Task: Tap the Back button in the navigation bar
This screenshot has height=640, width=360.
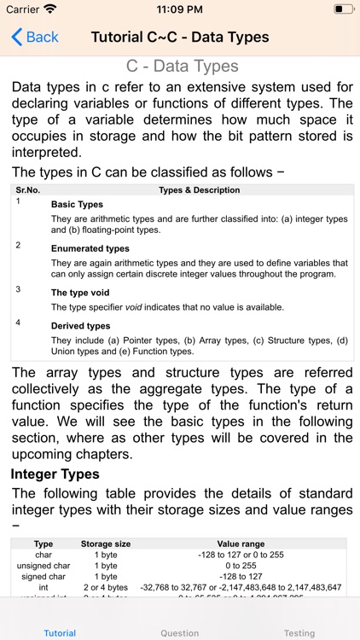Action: tap(35, 37)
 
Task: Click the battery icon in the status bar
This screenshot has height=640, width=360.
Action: tap(343, 9)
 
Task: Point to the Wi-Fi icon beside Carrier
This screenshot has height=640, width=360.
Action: tap(50, 9)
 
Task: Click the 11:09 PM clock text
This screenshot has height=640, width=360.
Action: tap(180, 9)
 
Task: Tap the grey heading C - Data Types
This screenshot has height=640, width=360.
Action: tap(183, 67)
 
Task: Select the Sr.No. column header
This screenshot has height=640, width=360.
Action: tap(28, 190)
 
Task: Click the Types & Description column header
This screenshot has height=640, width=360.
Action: tap(200, 190)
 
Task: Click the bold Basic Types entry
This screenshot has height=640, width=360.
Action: tap(77, 205)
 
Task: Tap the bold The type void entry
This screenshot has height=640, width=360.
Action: tap(80, 293)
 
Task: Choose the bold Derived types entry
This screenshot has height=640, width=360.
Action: tap(80, 326)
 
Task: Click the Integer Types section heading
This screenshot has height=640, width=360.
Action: tap(55, 474)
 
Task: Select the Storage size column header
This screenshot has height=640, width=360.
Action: tap(106, 544)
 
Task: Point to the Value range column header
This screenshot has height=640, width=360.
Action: tap(241, 544)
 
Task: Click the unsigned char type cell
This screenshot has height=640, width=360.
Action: tap(44, 566)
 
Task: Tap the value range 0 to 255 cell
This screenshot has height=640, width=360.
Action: tap(241, 566)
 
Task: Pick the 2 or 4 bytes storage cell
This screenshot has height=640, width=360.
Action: tap(106, 587)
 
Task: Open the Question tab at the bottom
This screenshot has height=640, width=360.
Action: tap(180, 633)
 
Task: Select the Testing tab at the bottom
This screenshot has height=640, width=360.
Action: tap(299, 633)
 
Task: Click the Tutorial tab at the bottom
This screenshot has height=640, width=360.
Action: tap(60, 633)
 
